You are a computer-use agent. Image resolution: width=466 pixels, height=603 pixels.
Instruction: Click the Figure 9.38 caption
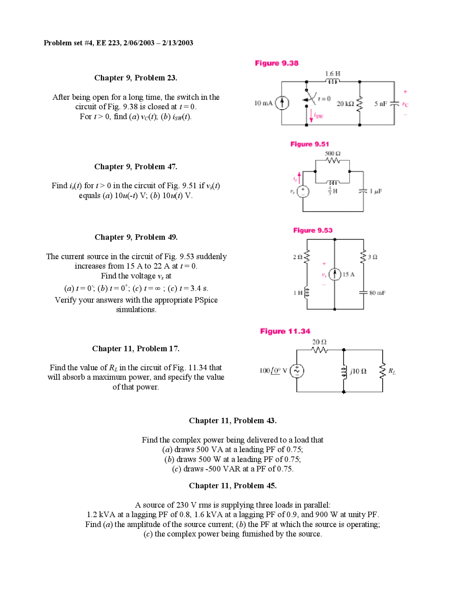(276, 63)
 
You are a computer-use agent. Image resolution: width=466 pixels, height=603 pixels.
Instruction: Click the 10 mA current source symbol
(282, 103)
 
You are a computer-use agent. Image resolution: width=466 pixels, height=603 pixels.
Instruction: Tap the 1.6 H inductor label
(332, 74)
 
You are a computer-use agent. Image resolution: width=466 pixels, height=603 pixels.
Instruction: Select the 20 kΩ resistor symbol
(360, 104)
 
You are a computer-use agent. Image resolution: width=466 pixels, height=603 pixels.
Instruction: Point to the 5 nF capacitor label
(380, 104)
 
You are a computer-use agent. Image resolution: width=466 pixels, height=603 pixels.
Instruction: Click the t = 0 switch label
(324, 99)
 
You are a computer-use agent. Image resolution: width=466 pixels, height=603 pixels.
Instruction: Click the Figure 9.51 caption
(309, 144)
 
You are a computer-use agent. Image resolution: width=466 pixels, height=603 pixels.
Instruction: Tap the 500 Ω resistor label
(332, 154)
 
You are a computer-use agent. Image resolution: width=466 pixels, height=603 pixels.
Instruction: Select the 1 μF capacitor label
(376, 192)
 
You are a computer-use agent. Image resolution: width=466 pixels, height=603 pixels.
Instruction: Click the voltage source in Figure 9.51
(303, 192)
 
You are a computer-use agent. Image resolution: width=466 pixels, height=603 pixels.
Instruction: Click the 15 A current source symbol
(335, 274)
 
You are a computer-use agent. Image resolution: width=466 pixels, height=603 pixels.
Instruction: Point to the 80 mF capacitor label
(377, 293)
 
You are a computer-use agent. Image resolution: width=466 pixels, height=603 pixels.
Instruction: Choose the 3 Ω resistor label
(372, 257)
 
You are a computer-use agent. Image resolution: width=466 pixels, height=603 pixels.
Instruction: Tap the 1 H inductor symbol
(307, 292)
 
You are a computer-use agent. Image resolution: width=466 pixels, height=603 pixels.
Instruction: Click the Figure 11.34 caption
(285, 331)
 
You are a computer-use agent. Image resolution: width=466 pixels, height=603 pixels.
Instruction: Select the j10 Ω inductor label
(358, 371)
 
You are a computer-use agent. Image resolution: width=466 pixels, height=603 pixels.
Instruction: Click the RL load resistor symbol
(382, 371)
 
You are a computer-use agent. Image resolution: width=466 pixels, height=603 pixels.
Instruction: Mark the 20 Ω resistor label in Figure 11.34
(319, 342)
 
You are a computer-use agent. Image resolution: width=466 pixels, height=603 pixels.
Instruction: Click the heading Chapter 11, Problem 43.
(233, 421)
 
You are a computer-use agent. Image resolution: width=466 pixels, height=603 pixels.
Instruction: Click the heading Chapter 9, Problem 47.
(135, 167)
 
